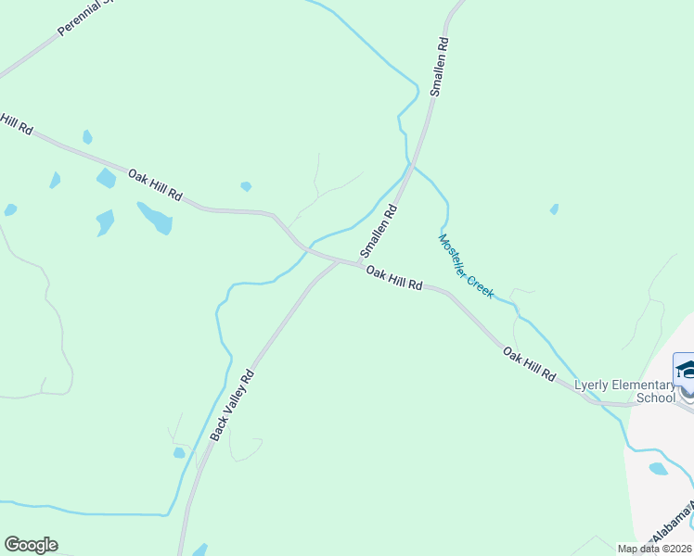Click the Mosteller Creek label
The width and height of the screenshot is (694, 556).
click(x=465, y=265)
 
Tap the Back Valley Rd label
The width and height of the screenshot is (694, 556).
click(x=231, y=405)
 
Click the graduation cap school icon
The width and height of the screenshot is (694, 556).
click(x=686, y=370)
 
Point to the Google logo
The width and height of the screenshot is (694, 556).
click(x=31, y=545)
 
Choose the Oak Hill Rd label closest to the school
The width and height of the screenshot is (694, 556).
click(x=529, y=364)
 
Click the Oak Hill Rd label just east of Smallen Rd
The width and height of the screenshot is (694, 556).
click(x=394, y=278)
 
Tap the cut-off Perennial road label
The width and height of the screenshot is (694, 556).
click(x=84, y=17)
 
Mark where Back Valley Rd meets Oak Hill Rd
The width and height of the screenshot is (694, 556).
click(x=336, y=261)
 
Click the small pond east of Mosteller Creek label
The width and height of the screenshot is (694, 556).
click(x=554, y=209)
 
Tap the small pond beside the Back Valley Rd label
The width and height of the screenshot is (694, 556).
click(x=178, y=452)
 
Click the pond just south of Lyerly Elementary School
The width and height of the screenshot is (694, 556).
click(x=658, y=468)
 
